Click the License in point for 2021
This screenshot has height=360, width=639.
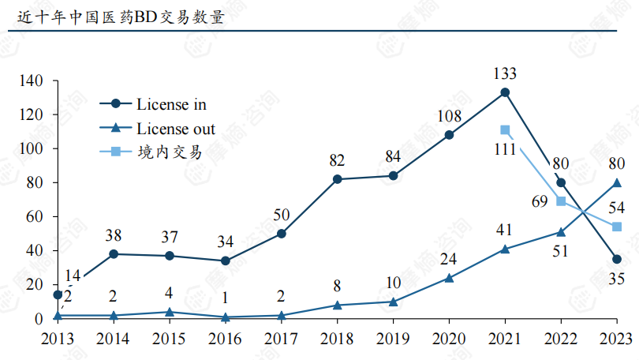click(x=505, y=92)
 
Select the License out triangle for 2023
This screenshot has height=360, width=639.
click(x=617, y=182)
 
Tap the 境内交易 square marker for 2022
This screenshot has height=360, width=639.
click(x=561, y=201)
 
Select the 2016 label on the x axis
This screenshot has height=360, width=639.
click(x=226, y=339)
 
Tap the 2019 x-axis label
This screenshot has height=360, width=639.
click(x=393, y=339)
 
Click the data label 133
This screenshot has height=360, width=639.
click(x=504, y=73)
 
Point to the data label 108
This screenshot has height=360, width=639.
click(x=449, y=116)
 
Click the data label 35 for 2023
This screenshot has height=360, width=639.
click(x=617, y=278)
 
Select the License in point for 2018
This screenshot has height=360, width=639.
click(x=338, y=179)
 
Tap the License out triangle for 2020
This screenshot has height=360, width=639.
click(x=449, y=277)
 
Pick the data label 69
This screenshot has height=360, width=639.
click(x=540, y=201)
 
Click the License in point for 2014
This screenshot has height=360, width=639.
click(x=114, y=253)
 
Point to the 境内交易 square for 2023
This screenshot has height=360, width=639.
click(x=617, y=227)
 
